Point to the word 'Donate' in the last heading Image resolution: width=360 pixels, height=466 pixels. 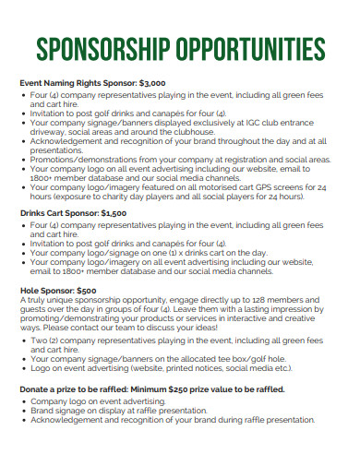(x=36, y=390)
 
